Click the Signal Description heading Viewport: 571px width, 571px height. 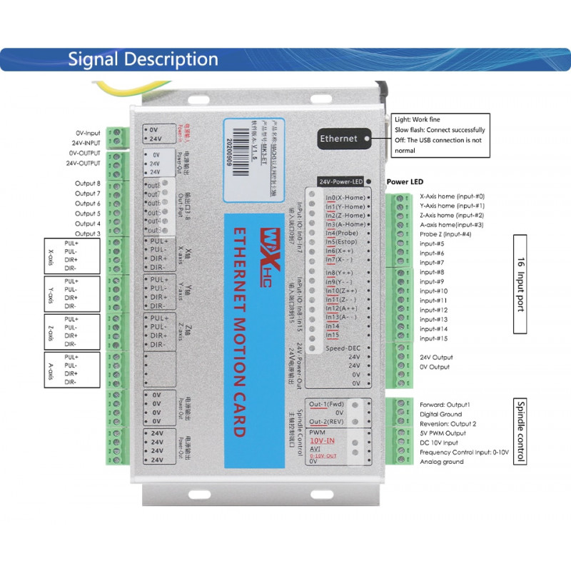click(x=143, y=59)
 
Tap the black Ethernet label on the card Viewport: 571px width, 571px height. click(x=338, y=138)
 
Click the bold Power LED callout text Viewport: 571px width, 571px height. click(x=405, y=182)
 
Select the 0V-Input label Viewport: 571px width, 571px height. click(x=89, y=133)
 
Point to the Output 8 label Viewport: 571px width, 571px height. click(x=87, y=183)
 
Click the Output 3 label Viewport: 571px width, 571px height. click(x=87, y=233)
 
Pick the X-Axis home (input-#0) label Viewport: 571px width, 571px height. click(x=452, y=196)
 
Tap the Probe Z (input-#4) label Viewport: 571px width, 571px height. click(x=445, y=234)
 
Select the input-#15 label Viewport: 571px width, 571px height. click(x=433, y=338)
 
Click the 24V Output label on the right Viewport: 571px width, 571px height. click(x=435, y=358)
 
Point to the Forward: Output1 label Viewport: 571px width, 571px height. click(x=445, y=404)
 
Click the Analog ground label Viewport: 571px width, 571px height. click(x=441, y=462)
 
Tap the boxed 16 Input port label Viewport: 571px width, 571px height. click(x=520, y=283)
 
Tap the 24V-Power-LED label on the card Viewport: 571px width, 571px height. click(x=341, y=182)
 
